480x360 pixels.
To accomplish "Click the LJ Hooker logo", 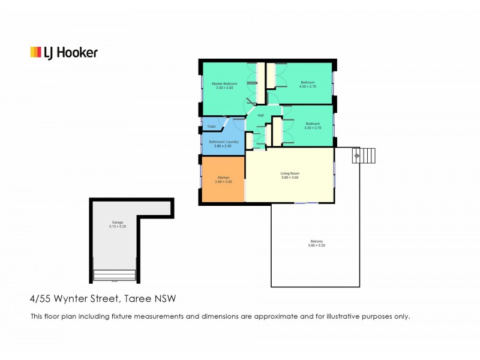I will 64,53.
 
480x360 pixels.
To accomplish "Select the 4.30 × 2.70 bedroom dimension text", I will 308,87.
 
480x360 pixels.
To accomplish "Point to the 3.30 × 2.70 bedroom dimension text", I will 313,128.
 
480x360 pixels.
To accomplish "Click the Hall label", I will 260,115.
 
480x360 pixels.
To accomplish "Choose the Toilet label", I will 211,127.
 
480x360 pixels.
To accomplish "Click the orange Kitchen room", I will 223,179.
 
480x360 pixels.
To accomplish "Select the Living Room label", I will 290,173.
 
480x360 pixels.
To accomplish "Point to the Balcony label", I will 316,242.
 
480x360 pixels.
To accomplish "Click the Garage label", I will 116,223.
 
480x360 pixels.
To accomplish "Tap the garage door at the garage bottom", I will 116,276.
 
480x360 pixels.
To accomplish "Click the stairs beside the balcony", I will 363,156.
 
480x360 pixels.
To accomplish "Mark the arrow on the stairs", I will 358,156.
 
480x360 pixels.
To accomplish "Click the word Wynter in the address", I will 74,298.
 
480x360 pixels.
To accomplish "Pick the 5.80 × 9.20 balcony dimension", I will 316,246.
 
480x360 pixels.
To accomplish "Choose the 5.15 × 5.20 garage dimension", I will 116,227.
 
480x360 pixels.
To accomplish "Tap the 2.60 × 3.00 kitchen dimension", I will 224,182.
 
